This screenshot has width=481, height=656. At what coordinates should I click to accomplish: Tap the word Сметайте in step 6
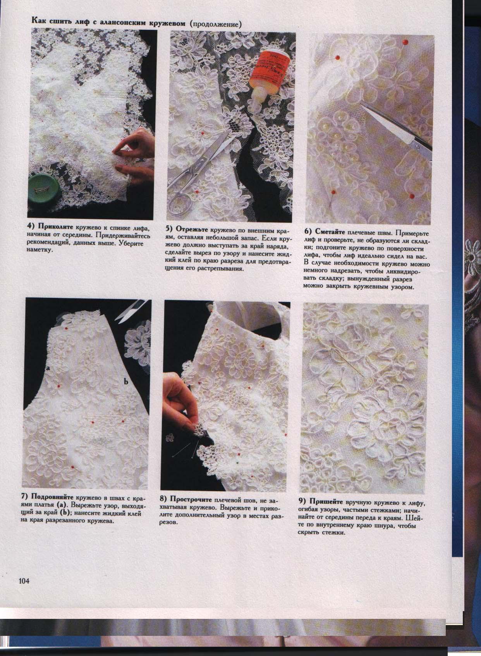tap(330, 232)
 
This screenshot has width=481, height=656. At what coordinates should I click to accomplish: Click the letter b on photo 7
tap(125, 382)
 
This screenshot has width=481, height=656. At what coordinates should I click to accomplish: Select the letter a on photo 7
tap(48, 370)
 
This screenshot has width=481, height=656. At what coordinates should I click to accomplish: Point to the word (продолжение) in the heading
tap(216, 25)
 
